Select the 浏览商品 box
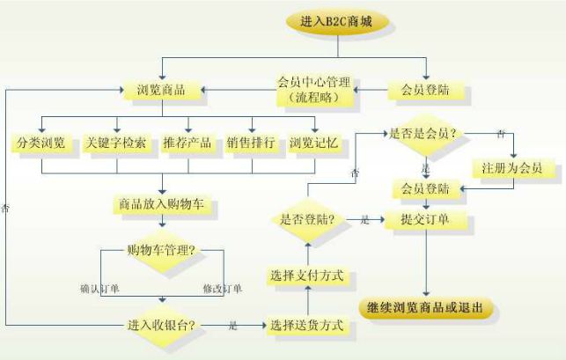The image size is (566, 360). (159, 90)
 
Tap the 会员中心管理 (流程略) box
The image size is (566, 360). (313, 90)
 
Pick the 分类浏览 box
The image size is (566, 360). (41, 143)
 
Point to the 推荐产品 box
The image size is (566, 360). (187, 143)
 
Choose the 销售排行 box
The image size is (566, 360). (251, 143)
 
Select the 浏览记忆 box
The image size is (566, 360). (314, 143)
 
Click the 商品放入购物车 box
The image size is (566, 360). (161, 204)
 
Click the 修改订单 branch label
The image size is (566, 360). (222, 288)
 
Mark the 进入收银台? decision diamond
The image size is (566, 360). (160, 327)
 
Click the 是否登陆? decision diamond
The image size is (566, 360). (307, 219)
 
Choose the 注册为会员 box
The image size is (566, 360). (512, 166)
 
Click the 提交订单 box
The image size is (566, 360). (426, 219)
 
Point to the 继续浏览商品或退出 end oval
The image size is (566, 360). (426, 308)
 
